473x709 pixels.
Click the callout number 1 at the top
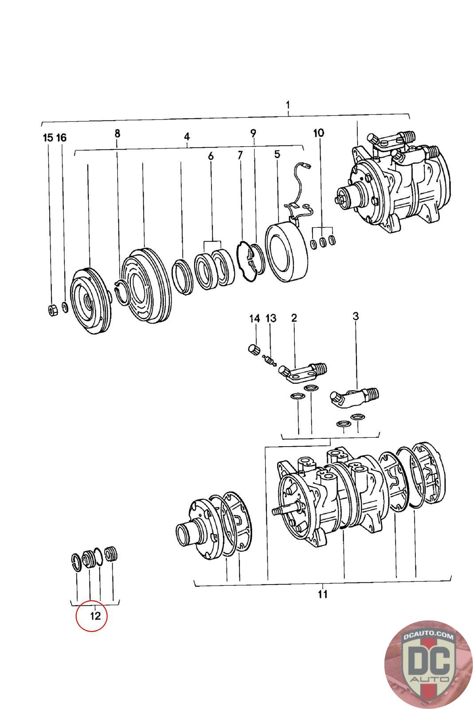[x=287, y=105]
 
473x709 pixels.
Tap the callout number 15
[x=48, y=138]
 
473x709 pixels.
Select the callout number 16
[x=62, y=138]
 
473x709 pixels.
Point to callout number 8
[x=117, y=133]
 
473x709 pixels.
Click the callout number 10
[x=318, y=133]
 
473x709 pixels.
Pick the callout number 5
[x=277, y=155]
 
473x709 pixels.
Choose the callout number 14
[x=254, y=319]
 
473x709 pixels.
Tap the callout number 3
[x=356, y=316]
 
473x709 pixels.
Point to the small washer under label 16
[x=65, y=307]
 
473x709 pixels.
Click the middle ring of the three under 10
[x=323, y=242]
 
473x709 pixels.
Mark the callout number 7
[x=240, y=155]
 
